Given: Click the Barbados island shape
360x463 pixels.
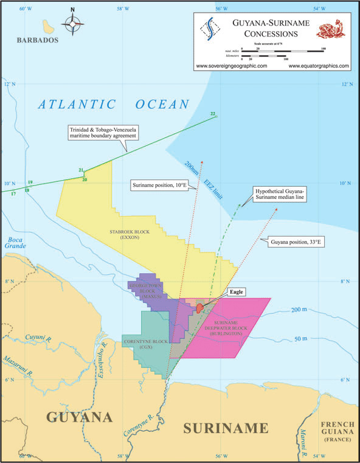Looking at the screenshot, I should coord(46,26).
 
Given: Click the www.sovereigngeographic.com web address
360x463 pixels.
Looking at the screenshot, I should coord(232,66).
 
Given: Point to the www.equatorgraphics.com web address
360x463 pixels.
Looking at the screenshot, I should coord(319,66).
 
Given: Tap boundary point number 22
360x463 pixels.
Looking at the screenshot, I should coord(213,114).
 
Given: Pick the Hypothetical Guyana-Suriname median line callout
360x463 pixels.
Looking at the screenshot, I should coord(280,194).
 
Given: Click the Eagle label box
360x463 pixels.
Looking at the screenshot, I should coord(237,292).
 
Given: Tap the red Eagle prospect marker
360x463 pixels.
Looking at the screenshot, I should coord(199,307).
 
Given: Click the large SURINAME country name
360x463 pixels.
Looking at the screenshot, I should coord(226,427).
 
